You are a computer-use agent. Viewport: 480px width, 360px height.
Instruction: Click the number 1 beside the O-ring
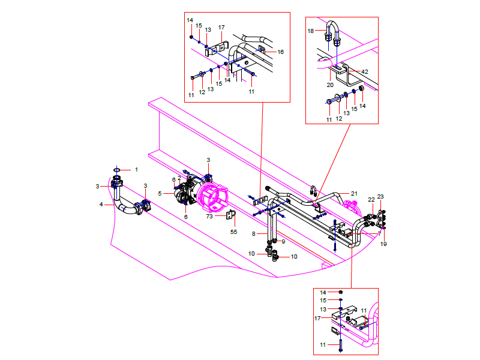point(136,170)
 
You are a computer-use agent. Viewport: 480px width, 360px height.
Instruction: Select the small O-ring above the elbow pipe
point(118,170)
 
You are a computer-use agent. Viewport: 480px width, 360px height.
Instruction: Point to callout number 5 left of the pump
point(160,193)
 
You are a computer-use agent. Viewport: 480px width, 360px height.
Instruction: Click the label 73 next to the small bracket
point(209,216)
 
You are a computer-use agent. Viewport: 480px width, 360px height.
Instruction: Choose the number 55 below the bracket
point(234,231)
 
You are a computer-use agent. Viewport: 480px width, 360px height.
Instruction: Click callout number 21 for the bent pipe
point(354,193)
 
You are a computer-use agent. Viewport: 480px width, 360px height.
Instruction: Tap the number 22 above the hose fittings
point(371,199)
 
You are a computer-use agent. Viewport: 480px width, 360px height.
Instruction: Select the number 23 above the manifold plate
point(380,197)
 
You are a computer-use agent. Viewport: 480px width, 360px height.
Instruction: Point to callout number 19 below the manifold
point(384,244)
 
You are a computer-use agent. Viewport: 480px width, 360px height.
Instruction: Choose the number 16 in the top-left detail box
point(280,52)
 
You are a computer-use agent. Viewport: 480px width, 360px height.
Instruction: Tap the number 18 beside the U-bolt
point(311,30)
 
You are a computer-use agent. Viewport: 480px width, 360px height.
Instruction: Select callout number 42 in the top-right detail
point(365,71)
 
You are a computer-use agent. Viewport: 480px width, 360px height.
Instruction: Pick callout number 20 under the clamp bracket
point(330,85)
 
